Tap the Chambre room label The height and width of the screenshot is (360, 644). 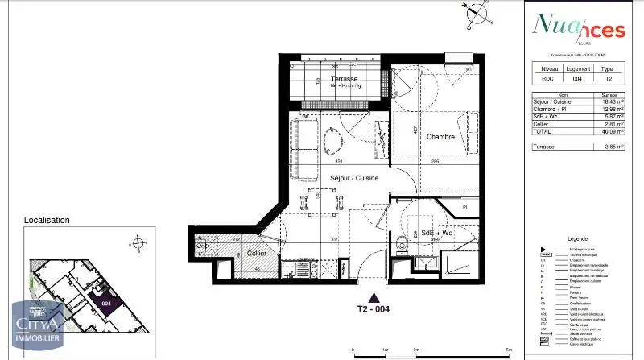coord(441,137)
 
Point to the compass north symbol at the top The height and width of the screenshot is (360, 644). coord(477,13)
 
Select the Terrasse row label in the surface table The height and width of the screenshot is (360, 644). coord(544,146)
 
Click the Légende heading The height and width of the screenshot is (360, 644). coord(579,239)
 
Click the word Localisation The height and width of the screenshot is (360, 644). coord(47,220)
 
